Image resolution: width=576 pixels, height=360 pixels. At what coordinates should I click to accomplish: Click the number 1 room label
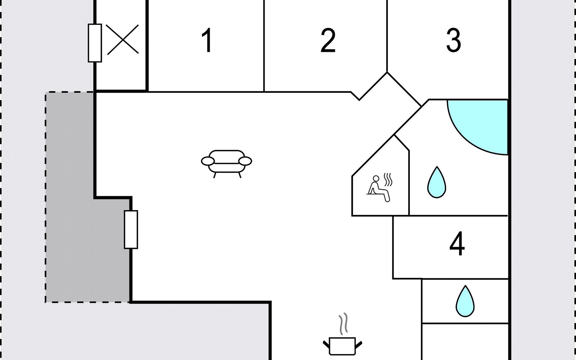(207, 40)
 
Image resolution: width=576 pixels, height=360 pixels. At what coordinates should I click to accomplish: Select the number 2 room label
(328, 40)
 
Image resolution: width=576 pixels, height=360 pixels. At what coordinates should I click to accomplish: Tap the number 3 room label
(453, 40)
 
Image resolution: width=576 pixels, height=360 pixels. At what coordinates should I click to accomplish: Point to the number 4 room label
(457, 243)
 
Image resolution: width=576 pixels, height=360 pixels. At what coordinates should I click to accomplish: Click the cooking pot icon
(342, 346)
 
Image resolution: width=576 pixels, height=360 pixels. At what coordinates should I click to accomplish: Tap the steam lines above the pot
(343, 324)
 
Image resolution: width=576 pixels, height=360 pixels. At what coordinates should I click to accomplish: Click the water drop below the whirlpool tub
(436, 182)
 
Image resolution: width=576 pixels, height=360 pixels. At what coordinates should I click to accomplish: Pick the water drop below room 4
(465, 301)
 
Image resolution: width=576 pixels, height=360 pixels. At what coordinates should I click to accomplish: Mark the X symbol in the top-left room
(122, 40)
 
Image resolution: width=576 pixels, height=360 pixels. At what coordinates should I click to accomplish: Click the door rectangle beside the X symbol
(95, 43)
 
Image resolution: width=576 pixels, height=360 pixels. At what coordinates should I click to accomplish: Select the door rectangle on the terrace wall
(131, 229)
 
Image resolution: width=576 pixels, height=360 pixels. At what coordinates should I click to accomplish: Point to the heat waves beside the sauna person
(388, 179)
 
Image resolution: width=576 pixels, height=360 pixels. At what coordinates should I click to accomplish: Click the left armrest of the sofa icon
(208, 161)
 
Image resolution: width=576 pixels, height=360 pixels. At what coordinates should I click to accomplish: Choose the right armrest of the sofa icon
(245, 161)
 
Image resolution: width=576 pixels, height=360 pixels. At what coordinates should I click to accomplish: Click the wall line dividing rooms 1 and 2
(264, 46)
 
